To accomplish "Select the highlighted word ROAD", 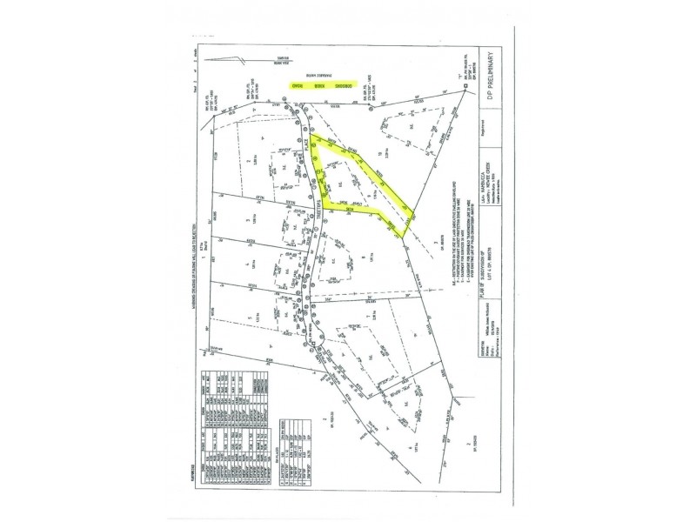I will pyautogui.click(x=296, y=88).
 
